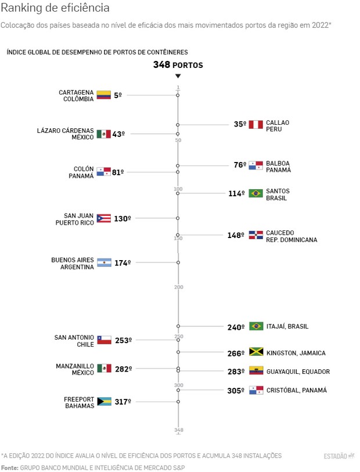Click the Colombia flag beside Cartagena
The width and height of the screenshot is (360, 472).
click(x=103, y=95)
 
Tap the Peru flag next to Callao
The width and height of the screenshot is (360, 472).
click(x=255, y=124)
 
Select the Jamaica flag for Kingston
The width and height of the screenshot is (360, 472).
click(x=256, y=352)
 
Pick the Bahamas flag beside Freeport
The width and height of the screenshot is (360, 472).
click(x=103, y=401)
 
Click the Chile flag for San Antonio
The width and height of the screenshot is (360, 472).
click(x=103, y=340)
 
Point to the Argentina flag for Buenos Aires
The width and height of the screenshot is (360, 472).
click(x=103, y=262)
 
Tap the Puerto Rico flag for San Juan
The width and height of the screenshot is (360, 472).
click(x=103, y=218)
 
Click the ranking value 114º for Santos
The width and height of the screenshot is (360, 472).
click(x=236, y=194)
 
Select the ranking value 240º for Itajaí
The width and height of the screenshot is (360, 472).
click(x=236, y=327)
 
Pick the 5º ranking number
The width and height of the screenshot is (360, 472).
click(x=118, y=95)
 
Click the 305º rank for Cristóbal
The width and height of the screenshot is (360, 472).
click(x=236, y=391)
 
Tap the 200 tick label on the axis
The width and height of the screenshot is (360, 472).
click(x=178, y=287)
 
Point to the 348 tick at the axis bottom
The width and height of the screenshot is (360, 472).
click(x=178, y=430)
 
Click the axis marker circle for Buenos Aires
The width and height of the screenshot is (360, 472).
click(x=178, y=262)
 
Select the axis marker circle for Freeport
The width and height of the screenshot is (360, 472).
click(x=178, y=401)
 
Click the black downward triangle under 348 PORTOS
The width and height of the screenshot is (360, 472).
click(x=178, y=76)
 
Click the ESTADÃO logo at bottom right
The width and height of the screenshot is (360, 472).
click(x=339, y=456)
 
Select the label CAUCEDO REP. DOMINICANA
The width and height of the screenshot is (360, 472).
click(x=291, y=236)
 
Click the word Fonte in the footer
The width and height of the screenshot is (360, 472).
click(x=9, y=467)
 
